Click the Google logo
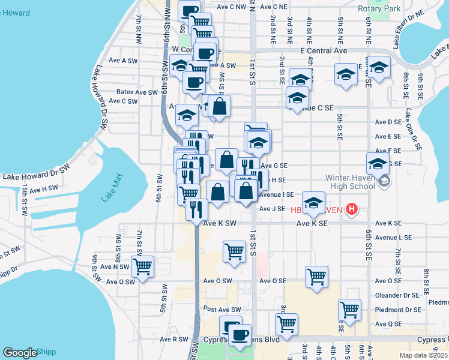[x=19, y=353]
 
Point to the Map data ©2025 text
[x=423, y=355]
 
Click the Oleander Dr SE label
[x=396, y=295]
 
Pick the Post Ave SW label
[x=221, y=310]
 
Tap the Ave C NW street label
[x=232, y=7]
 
